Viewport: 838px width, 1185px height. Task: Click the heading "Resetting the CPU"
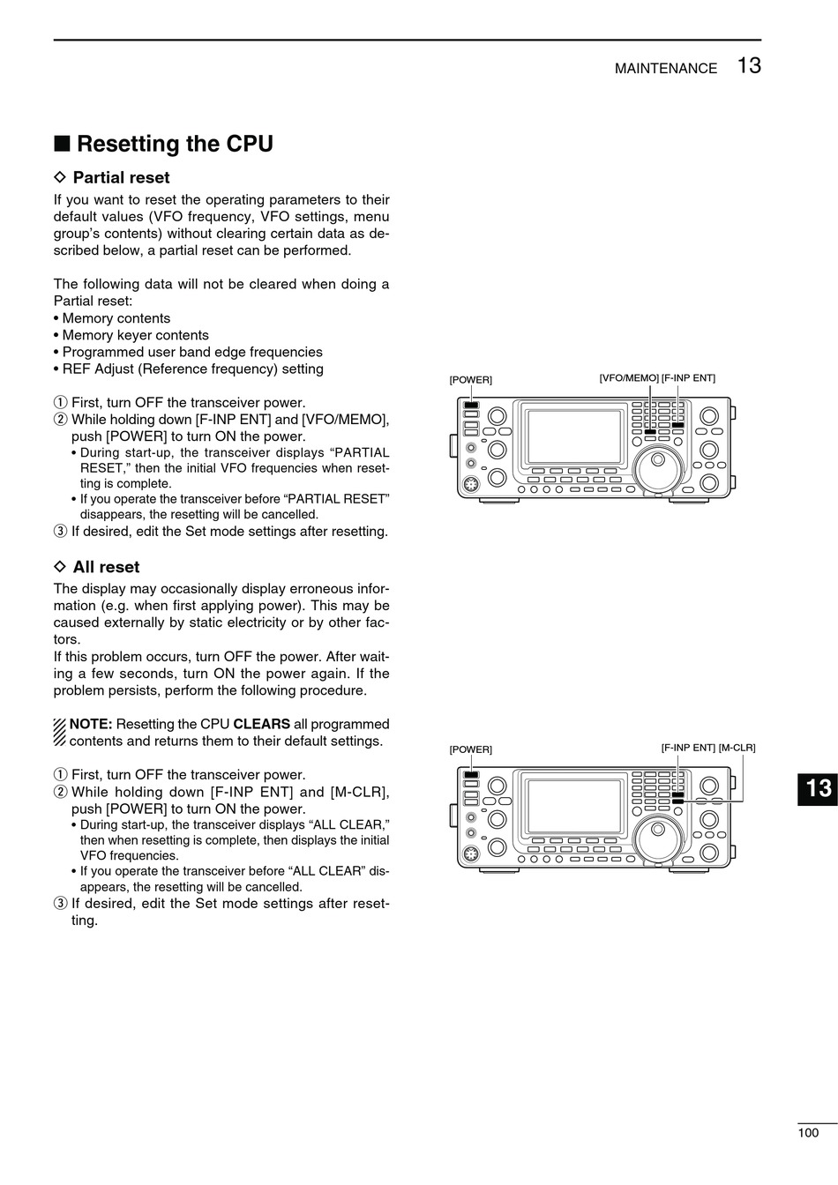tap(175, 144)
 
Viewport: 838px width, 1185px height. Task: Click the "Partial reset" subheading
tap(121, 177)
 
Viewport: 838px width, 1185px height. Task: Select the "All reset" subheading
tap(106, 567)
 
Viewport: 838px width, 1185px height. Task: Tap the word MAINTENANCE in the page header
tap(666, 69)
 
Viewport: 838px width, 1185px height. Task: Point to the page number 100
tap(808, 1133)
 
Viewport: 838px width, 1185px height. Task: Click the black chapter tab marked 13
tap(818, 787)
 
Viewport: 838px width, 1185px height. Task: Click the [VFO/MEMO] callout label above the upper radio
tap(629, 378)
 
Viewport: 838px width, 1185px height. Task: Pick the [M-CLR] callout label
tap(737, 748)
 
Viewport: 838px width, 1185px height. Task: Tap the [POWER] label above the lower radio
tap(471, 749)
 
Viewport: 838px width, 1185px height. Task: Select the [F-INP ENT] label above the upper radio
tap(689, 378)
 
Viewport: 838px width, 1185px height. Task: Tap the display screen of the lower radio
tap(573, 806)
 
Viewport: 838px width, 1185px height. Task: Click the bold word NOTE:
tap(91, 724)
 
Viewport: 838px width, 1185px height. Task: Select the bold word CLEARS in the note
tap(261, 724)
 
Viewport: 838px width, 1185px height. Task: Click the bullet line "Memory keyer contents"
tap(136, 335)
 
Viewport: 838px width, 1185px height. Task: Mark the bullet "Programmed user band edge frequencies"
tap(192, 352)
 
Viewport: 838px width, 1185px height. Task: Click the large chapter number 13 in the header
tap(749, 65)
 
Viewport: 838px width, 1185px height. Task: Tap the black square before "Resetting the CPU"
tap(61, 144)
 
